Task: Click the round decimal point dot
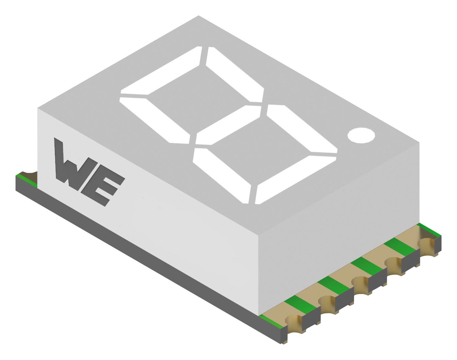(x=361, y=135)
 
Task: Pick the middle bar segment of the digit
(x=228, y=125)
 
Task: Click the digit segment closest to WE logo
(x=154, y=120)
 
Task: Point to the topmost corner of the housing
(x=199, y=16)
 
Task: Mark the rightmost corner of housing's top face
(x=419, y=142)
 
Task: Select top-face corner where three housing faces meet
(x=258, y=235)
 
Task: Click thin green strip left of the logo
(x=28, y=180)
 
